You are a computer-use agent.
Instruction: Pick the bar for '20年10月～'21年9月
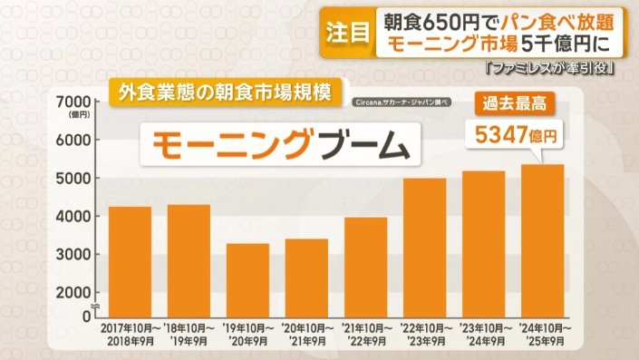tap(305, 277)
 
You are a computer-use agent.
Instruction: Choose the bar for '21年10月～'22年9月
tap(364, 267)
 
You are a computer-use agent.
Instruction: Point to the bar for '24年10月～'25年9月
tap(542, 240)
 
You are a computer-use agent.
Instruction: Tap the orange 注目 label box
tap(346, 34)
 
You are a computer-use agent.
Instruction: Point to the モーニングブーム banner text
tap(273, 145)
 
